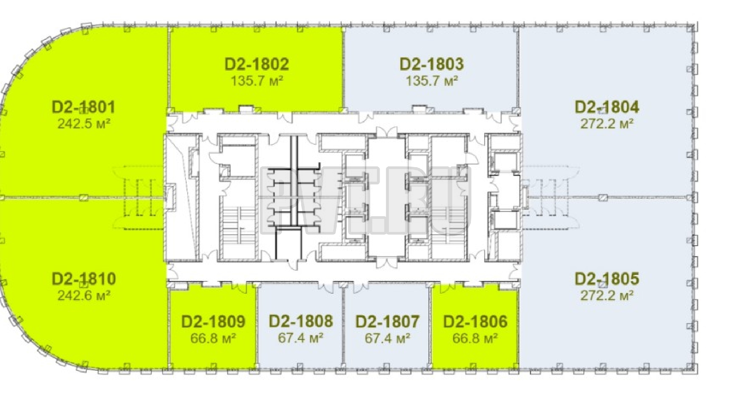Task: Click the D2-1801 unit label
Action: tap(84, 107)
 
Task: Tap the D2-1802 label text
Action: tap(257, 64)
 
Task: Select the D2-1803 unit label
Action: tap(431, 64)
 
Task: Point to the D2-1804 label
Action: tap(607, 107)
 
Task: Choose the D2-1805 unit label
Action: tap(607, 279)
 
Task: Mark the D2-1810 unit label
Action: tap(84, 279)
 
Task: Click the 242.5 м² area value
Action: tap(84, 124)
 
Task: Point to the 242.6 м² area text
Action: tap(84, 296)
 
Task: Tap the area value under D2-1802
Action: tap(257, 81)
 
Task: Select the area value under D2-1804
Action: tap(607, 124)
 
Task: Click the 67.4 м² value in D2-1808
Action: tap(301, 338)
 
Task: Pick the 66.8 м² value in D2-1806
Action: tap(475, 338)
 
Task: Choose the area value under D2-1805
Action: tap(607, 296)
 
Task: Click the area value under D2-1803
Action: tap(431, 81)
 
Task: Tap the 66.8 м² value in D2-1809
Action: tap(213, 338)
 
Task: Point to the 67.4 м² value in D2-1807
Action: tap(388, 338)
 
